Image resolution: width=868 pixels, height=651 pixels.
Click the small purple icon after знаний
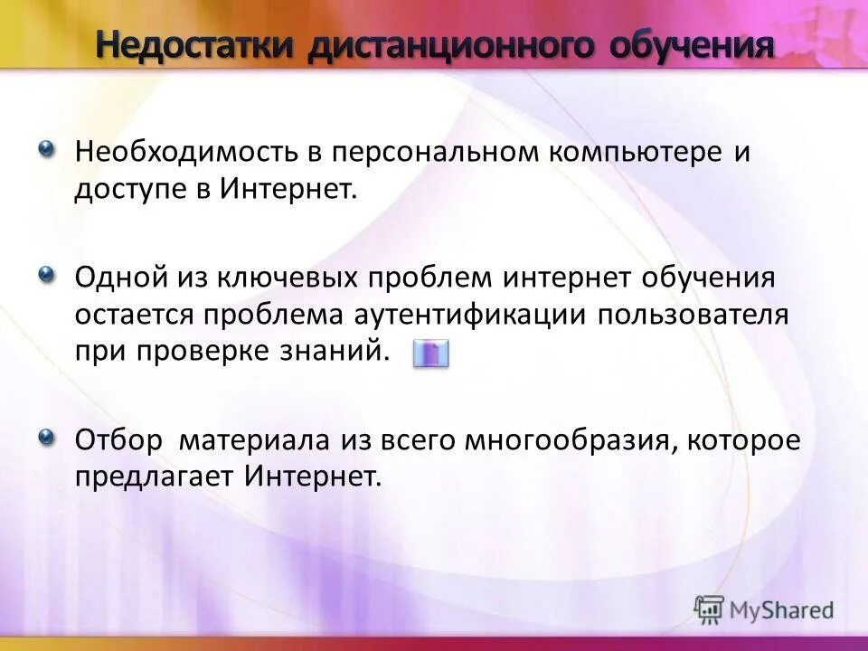(x=430, y=354)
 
